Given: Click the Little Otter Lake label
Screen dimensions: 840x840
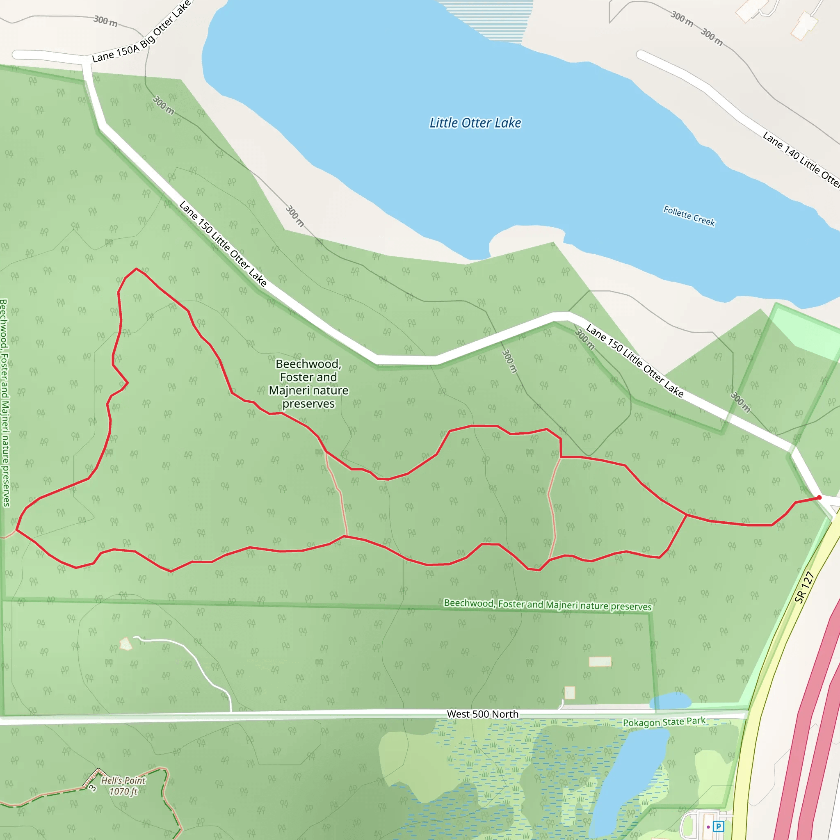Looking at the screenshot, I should [x=475, y=123].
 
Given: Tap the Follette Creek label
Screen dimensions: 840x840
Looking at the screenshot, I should [x=689, y=216].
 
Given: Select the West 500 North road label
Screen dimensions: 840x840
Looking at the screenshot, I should [x=482, y=714].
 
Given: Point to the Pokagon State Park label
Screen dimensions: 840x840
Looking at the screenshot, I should [x=664, y=722].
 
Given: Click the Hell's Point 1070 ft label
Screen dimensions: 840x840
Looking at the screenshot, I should [x=123, y=785].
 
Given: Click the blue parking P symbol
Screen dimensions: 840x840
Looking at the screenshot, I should [x=719, y=826].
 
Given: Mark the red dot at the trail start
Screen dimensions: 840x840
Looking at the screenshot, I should [x=819, y=498].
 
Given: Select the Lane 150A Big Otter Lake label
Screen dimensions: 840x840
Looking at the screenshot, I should [x=142, y=33].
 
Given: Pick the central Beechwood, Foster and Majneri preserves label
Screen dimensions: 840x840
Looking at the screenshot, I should [x=308, y=383].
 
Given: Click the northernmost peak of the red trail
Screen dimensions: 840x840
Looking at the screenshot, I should [x=136, y=269].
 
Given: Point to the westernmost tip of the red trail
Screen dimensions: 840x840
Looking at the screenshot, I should [x=16, y=530].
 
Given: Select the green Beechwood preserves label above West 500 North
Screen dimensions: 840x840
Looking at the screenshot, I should [x=548, y=604].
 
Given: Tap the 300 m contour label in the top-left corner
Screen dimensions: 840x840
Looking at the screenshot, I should [x=105, y=21].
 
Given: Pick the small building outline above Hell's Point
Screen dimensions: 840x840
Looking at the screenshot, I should [x=126, y=644].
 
